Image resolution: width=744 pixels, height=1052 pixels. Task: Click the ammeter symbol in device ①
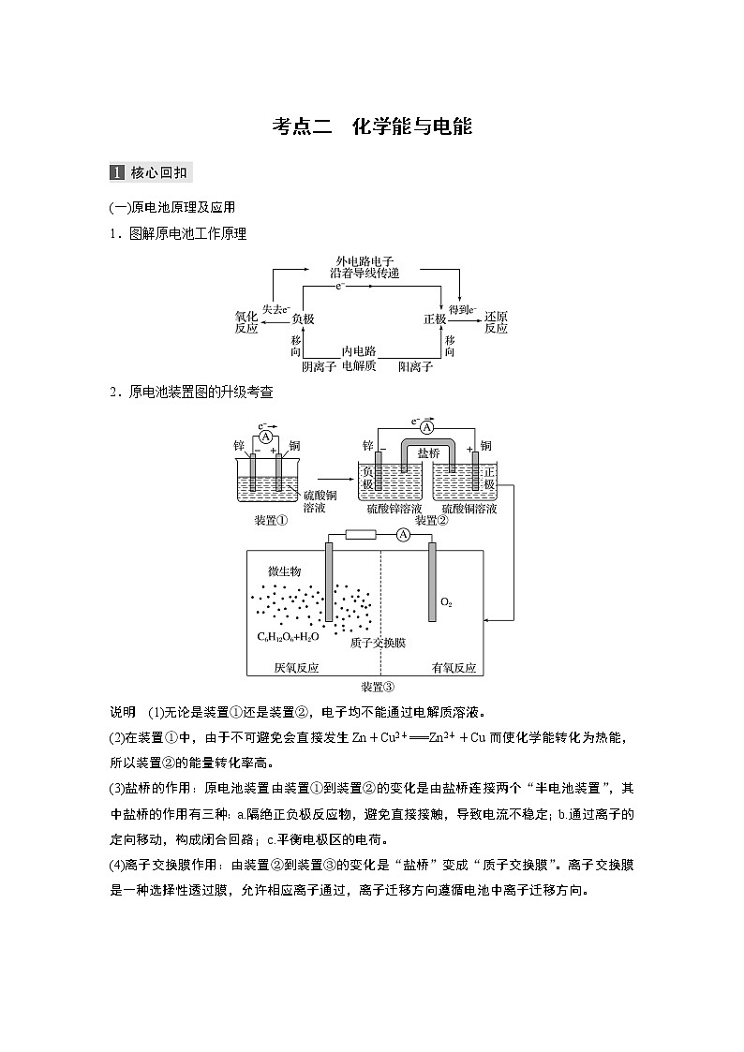pos(266,437)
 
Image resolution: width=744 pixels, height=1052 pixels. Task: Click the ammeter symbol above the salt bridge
pos(427,427)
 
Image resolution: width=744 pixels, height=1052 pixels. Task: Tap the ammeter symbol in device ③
pos(402,535)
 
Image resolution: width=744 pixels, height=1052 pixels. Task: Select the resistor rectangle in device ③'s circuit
pos(361,535)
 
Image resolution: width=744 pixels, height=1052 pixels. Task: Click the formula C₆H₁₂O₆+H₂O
pos(288,636)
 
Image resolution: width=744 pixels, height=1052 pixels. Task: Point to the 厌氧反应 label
pos(296,668)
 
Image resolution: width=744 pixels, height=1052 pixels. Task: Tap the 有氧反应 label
pos(454,668)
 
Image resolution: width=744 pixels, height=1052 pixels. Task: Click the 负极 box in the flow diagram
pos(303,319)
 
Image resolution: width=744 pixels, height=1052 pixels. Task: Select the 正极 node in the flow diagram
pos(435,319)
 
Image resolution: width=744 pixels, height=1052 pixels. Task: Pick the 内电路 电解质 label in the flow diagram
pos(359,360)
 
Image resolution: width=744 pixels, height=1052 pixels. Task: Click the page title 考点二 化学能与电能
pos(372,126)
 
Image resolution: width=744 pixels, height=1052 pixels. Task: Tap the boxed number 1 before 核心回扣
pos(116,172)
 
